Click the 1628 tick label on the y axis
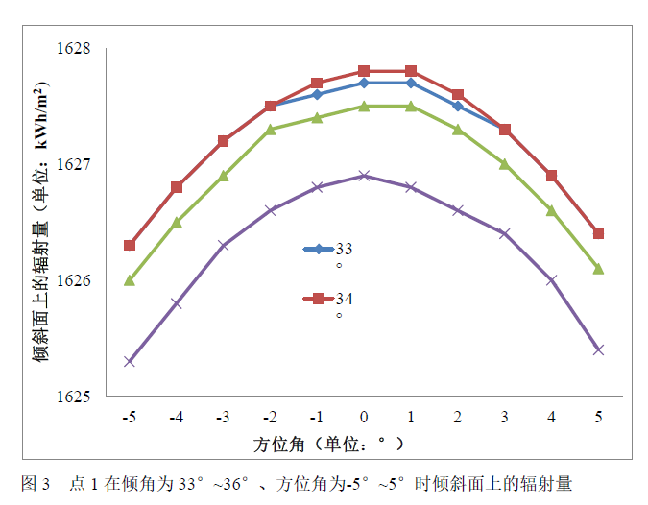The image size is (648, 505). coord(73,48)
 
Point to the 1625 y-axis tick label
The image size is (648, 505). coord(73,396)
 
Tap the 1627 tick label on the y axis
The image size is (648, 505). coord(73,164)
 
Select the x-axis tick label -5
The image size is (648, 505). coord(129,418)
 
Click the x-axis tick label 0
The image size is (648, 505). coord(364,418)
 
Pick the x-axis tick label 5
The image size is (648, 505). coord(598,418)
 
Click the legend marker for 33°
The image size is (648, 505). coord(318,250)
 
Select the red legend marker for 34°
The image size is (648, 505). coord(318,299)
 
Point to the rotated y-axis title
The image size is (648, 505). coord(41,222)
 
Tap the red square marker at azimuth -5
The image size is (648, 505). coord(130,245)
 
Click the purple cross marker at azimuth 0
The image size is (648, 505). coord(364,176)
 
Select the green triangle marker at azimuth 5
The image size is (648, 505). coord(598,268)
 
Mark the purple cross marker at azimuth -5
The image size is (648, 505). coord(130,361)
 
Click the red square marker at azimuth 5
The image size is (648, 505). coord(598,233)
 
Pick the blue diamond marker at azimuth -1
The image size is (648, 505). coord(317,94)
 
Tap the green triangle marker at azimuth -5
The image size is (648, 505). coord(130,279)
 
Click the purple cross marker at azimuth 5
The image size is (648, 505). coord(598,349)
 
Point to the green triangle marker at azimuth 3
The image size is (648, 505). coord(505,164)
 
